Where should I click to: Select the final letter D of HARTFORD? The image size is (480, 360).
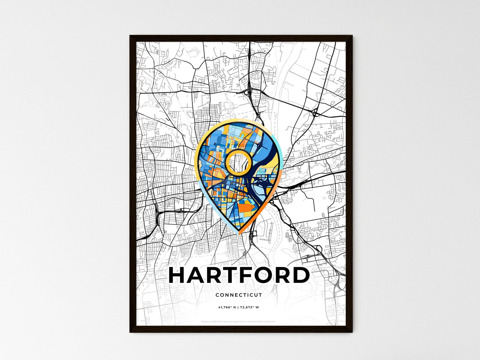point(300,275)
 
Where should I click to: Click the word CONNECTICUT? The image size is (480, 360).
point(239,295)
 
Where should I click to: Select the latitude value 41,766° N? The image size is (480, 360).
point(227,307)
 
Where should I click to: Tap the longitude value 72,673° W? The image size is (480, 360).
point(250,307)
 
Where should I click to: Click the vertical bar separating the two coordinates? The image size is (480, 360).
point(238,307)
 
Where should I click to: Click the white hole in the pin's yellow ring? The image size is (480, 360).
point(238,162)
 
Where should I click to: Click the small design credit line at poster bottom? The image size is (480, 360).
point(239,321)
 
